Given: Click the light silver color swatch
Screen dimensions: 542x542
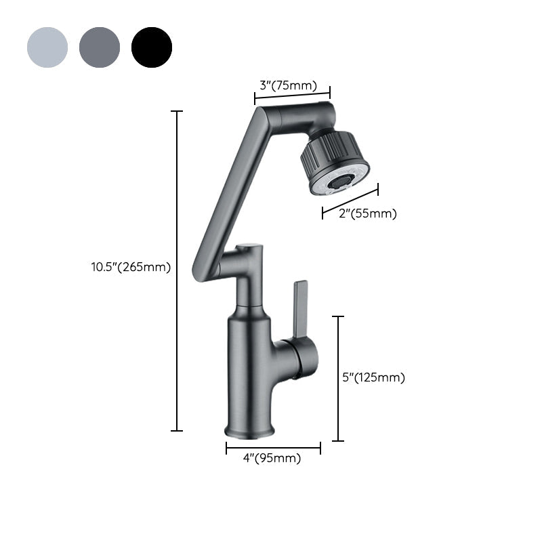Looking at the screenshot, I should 47,47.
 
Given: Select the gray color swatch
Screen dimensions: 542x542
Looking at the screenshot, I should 100,47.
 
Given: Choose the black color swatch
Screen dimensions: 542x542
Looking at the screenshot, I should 152,47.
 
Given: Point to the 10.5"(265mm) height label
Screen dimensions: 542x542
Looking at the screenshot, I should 131,267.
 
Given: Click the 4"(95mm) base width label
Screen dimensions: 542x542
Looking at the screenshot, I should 272,459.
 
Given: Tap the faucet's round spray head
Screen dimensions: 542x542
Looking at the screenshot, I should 335,163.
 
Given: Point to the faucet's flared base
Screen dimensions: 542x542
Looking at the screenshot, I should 250,430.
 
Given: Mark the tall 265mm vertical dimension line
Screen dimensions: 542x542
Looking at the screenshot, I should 177,271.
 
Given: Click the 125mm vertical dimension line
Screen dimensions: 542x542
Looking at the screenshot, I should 338,378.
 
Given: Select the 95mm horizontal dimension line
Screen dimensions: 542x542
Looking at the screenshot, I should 273,447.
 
